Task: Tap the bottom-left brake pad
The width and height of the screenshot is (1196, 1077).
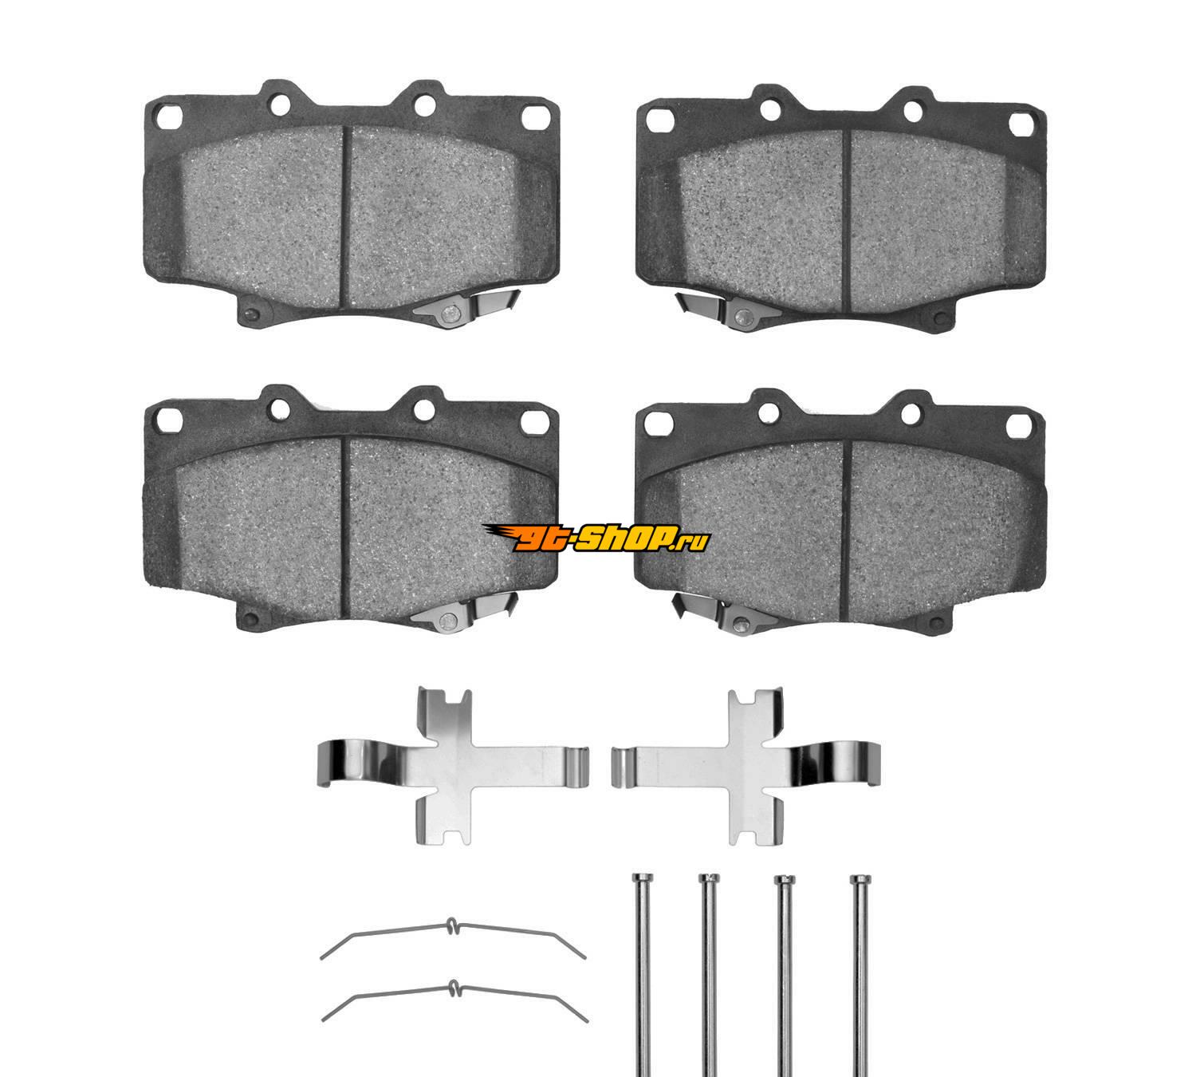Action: click(x=351, y=508)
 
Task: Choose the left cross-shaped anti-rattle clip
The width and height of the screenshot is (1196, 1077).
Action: click(x=453, y=766)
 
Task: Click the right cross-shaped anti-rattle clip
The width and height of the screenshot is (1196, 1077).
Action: click(x=746, y=766)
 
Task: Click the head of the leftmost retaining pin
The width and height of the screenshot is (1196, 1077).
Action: click(x=642, y=878)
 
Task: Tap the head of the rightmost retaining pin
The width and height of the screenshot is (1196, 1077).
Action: click(x=860, y=879)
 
